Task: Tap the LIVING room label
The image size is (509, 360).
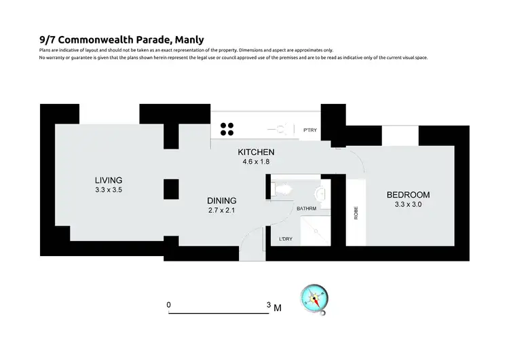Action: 108,180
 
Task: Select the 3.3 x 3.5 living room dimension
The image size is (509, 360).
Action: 108,190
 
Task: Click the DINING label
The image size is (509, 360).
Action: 222,200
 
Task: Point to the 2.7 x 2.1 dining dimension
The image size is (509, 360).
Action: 222,211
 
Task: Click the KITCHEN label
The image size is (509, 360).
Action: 255,151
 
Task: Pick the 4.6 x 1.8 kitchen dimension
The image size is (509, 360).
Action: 255,162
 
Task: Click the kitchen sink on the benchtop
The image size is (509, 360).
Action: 280,128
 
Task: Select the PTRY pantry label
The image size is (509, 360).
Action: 309,130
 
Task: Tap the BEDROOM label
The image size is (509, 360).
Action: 407,194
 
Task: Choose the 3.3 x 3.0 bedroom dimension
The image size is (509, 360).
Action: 407,204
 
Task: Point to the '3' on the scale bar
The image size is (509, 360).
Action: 269,306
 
